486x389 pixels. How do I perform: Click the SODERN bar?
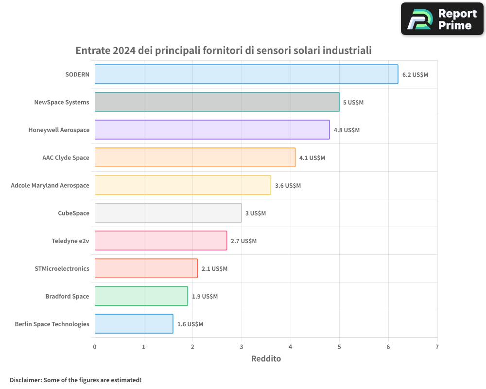pyautogui.click(x=246, y=74)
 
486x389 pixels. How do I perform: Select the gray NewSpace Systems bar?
pyautogui.click(x=217, y=102)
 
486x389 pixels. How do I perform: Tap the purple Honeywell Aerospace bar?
pyautogui.click(x=212, y=130)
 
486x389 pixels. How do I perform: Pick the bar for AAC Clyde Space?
pyautogui.click(x=195, y=158)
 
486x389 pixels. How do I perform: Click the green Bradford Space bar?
pyautogui.click(x=141, y=296)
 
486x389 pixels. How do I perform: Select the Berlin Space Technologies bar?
pyautogui.click(x=134, y=324)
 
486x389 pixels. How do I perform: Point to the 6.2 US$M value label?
pyautogui.click(x=415, y=75)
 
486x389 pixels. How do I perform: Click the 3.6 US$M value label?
pyautogui.click(x=288, y=186)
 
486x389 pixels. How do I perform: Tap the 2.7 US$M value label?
pyautogui.click(x=243, y=241)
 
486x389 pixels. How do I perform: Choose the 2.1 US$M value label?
pyautogui.click(x=214, y=269)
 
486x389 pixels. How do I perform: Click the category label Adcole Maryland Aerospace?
pyautogui.click(x=50, y=185)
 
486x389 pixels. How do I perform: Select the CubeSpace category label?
pyautogui.click(x=73, y=213)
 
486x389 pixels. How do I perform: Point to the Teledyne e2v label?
pyautogui.click(x=70, y=241)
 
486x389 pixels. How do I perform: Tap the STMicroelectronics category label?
pyautogui.click(x=62, y=268)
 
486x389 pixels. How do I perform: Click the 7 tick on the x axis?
pyautogui.click(x=437, y=347)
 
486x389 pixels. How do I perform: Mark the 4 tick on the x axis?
pyautogui.click(x=290, y=347)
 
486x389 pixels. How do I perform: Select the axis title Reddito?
pyautogui.click(x=266, y=359)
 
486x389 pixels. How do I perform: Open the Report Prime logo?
pyautogui.click(x=442, y=19)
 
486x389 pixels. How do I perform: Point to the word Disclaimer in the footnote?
pyautogui.click(x=25, y=380)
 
